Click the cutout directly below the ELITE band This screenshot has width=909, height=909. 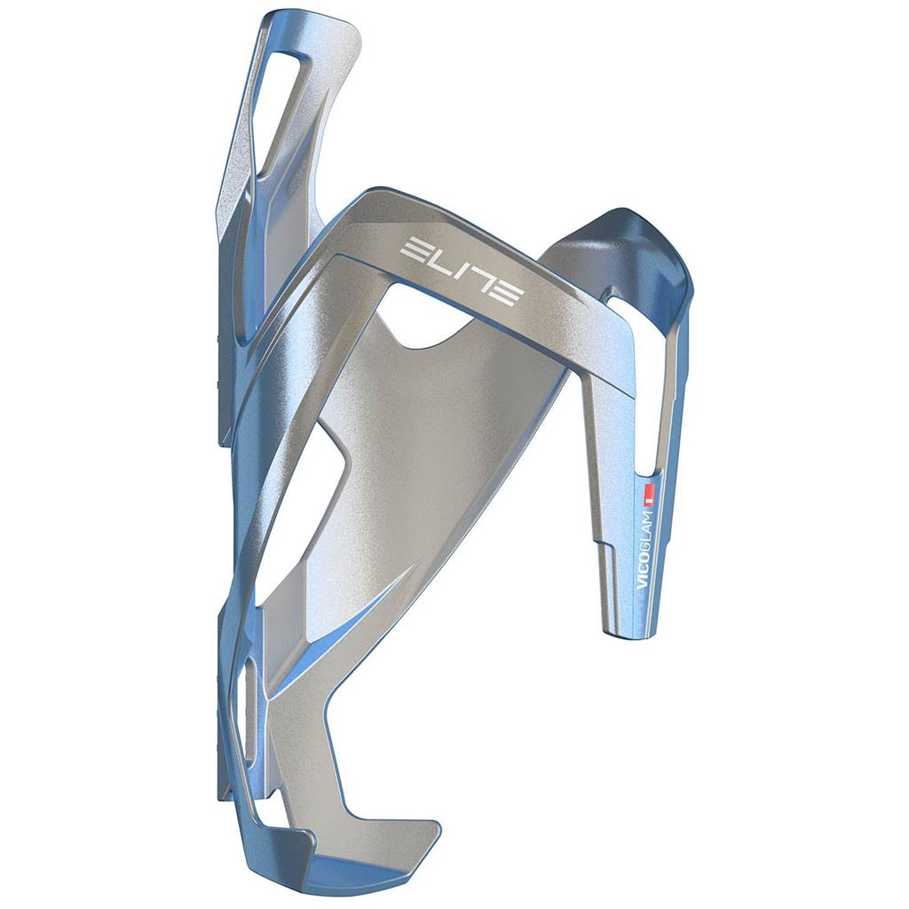pos(426,324)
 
